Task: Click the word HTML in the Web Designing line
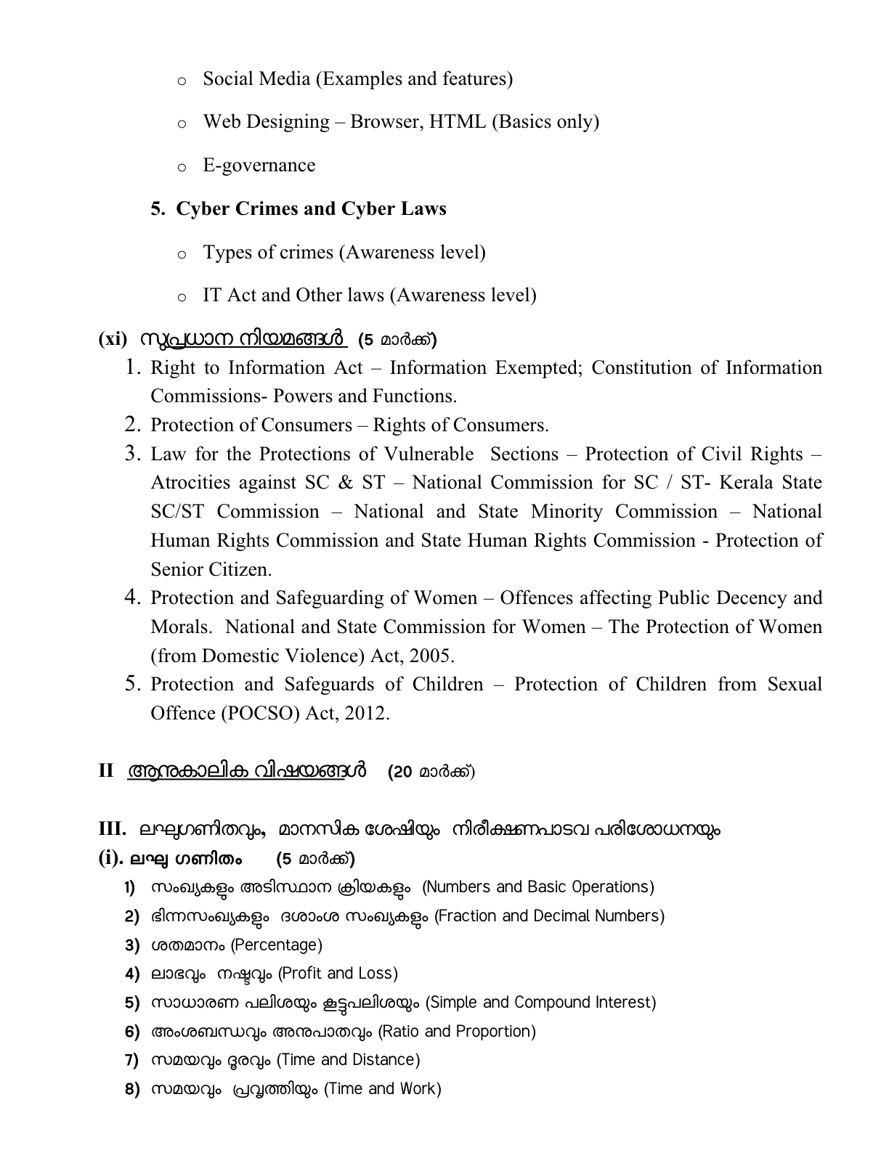click(x=458, y=122)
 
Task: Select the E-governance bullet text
click(x=259, y=166)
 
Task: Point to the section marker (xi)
click(x=113, y=339)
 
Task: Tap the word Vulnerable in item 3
click(x=428, y=454)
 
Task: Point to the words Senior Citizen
click(x=211, y=570)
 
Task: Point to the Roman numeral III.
click(x=113, y=829)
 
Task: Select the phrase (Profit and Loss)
click(x=338, y=974)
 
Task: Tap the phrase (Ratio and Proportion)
click(x=457, y=1032)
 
